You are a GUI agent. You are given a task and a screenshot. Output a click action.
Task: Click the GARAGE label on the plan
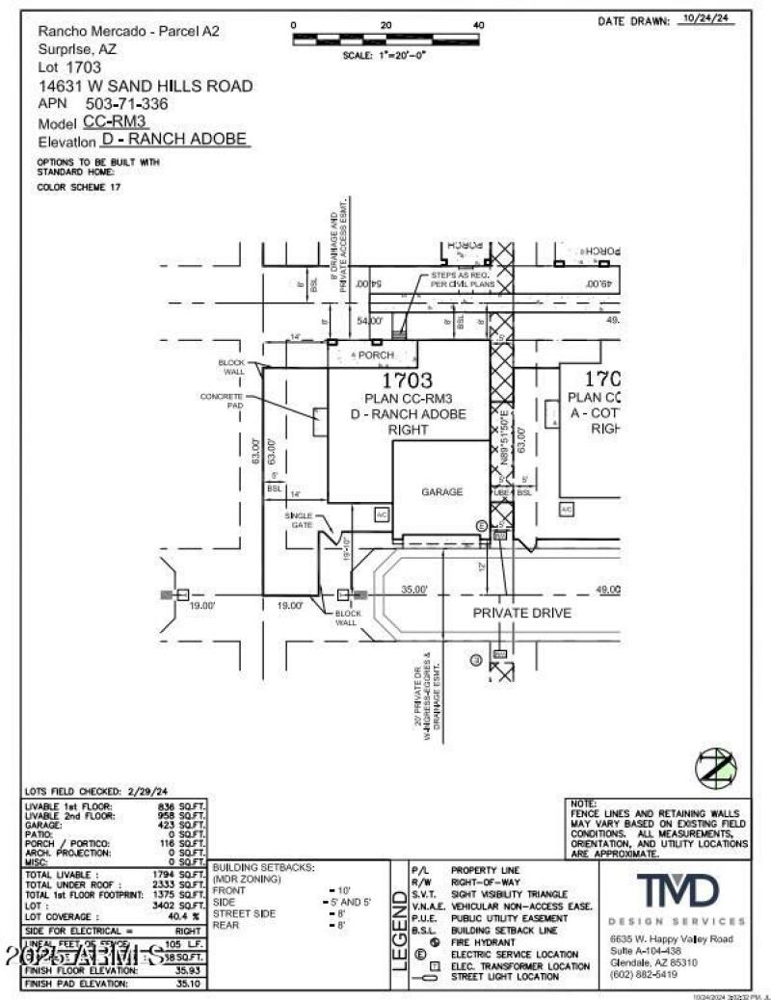pyautogui.click(x=441, y=491)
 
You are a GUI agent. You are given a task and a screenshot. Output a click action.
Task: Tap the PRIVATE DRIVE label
pyautogui.click(x=521, y=613)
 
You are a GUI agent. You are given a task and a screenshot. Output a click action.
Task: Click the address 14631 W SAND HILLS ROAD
pyautogui.click(x=146, y=86)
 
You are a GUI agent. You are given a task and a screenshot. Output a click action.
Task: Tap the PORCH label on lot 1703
pyautogui.click(x=374, y=355)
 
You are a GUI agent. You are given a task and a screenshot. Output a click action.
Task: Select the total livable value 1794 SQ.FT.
pyautogui.click(x=179, y=873)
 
